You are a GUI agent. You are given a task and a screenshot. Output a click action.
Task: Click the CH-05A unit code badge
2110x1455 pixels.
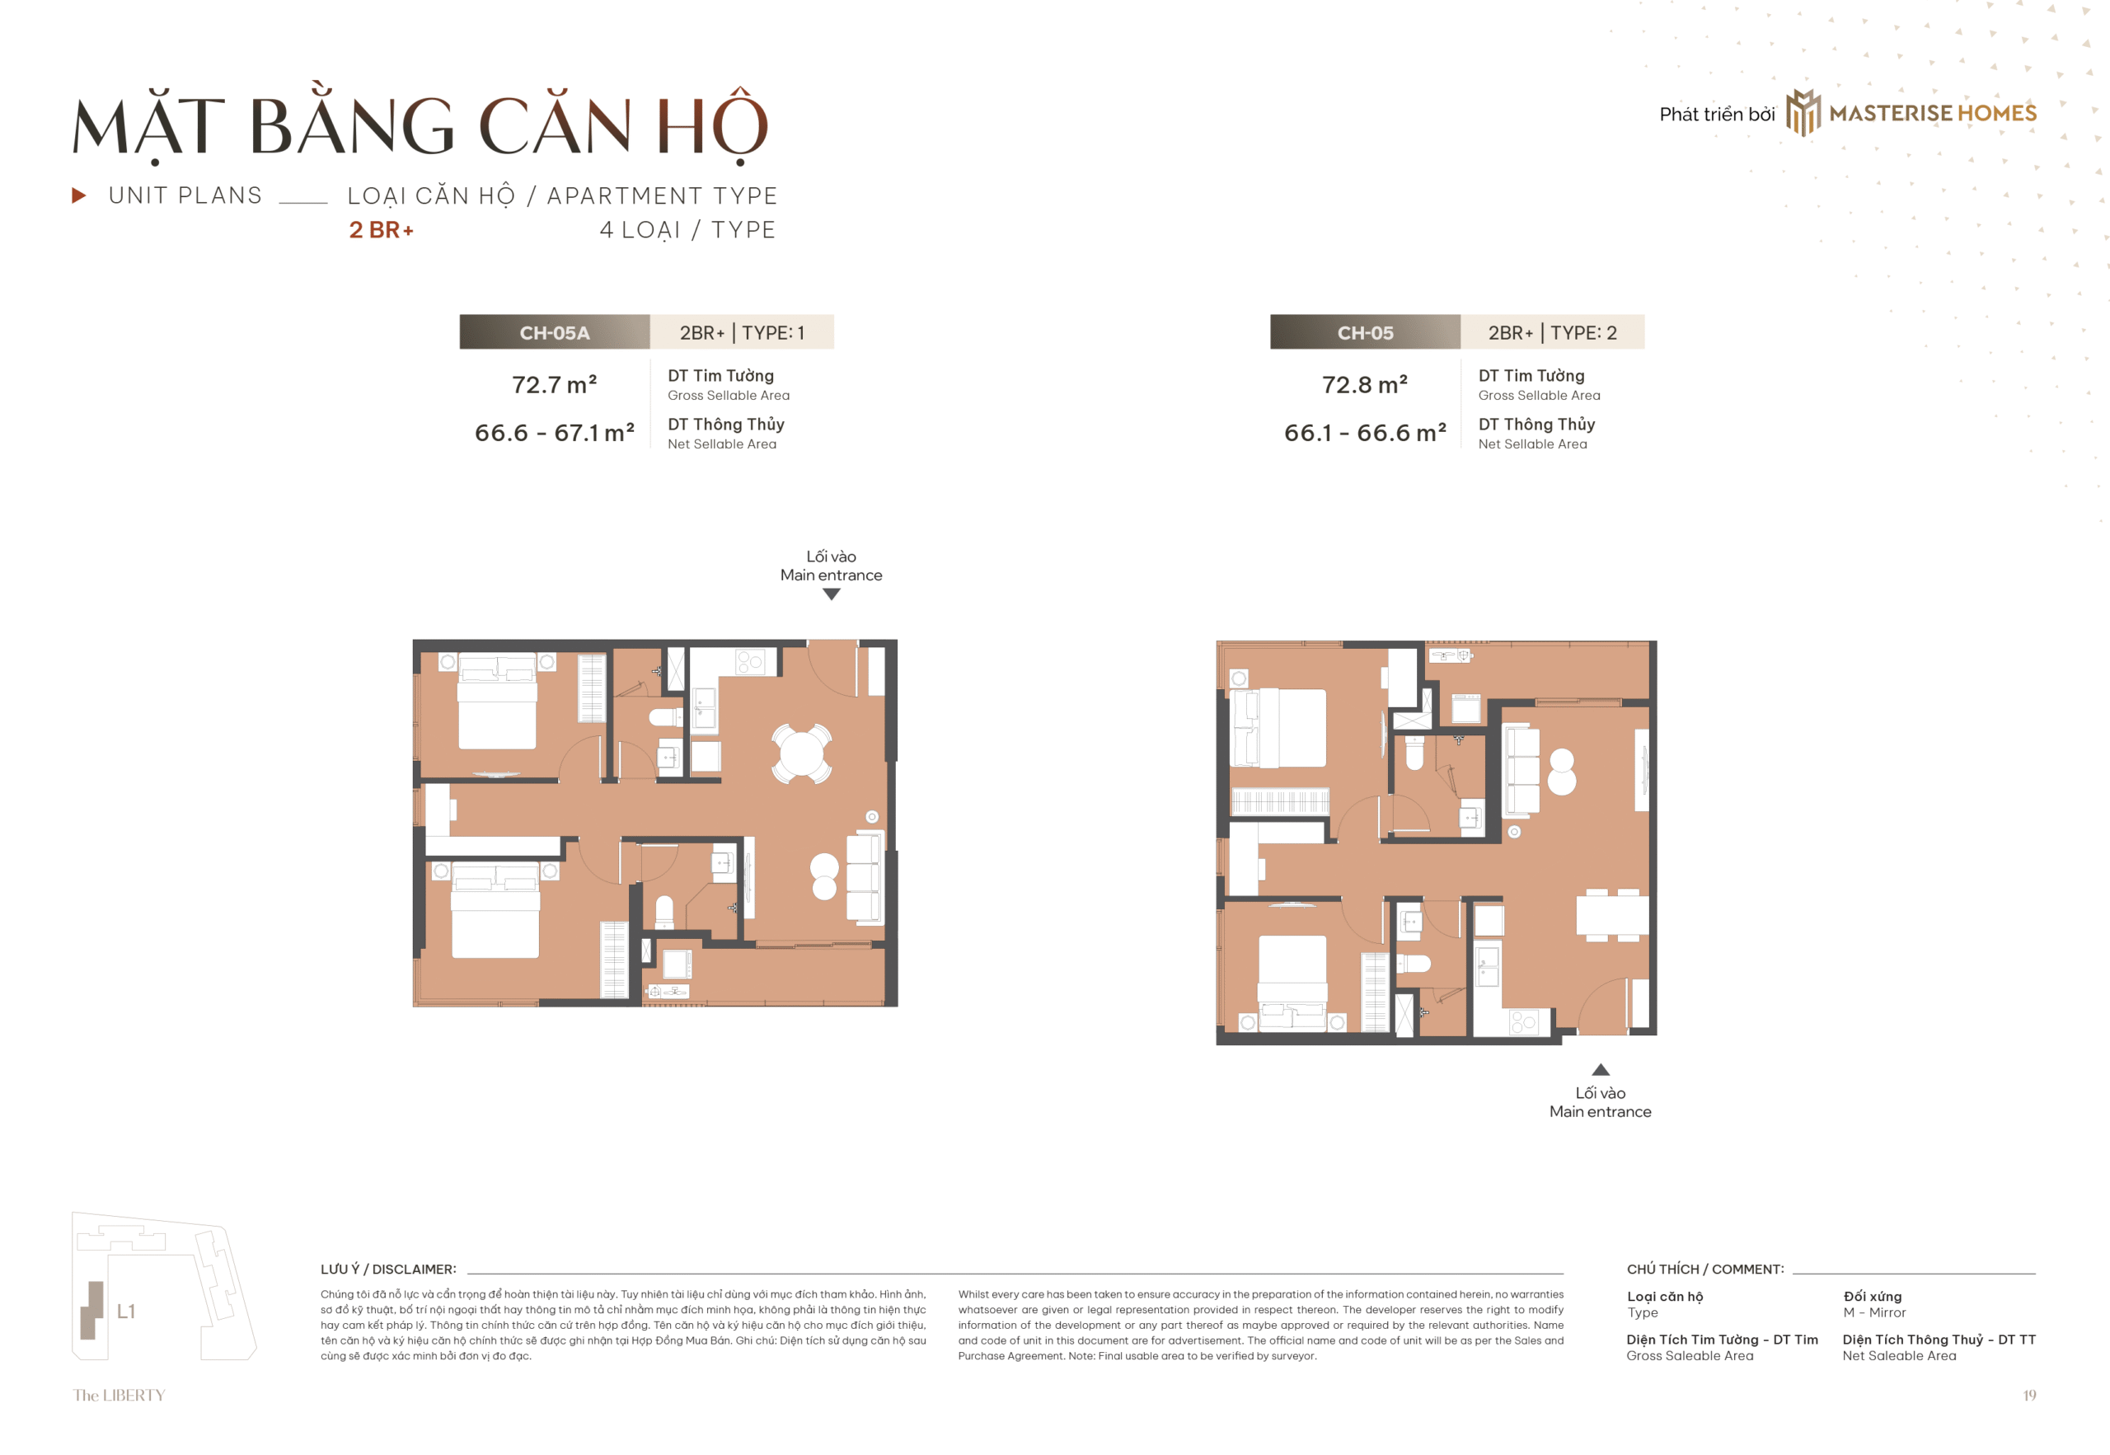coord(554,332)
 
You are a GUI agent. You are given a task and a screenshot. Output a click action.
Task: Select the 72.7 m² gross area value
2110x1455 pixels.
coord(554,385)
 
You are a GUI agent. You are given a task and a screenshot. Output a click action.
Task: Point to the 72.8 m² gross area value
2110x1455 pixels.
coord(1364,385)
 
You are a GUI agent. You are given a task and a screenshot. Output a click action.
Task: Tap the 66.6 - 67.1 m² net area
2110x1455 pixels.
coord(554,432)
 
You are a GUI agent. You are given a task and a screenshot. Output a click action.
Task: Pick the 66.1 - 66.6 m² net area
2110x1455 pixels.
coord(1364,432)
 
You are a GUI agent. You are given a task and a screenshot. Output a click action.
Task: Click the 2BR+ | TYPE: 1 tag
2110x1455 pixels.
coord(742,332)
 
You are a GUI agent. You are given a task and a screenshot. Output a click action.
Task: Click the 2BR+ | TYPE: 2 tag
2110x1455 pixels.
coord(1552,332)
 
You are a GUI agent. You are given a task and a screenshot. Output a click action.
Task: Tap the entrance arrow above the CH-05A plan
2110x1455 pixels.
coord(832,594)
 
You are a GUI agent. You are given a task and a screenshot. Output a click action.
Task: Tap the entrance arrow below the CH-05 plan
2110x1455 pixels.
coord(1601,1069)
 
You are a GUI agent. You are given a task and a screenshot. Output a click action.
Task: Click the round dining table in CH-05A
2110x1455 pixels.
coord(801,753)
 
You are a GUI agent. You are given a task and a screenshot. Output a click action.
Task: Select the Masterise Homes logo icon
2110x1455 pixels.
coord(1803,112)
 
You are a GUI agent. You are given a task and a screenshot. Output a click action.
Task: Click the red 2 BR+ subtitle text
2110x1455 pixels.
coord(381,230)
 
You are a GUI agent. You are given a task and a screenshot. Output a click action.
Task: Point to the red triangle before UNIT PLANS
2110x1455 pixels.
coord(79,195)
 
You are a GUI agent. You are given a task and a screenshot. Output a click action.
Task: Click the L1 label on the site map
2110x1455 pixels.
coord(126,1311)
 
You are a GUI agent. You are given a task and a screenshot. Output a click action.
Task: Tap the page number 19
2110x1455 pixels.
coord(2029,1395)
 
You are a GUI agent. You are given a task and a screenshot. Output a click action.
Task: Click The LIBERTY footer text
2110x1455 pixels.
coord(120,1395)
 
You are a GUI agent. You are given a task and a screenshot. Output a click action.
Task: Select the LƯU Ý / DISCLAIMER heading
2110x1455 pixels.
coord(388,1269)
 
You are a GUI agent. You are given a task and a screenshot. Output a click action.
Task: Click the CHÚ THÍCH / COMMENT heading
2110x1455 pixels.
coord(1705,1269)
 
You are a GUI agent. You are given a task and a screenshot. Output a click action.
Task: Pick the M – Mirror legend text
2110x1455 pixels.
coord(1874,1312)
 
